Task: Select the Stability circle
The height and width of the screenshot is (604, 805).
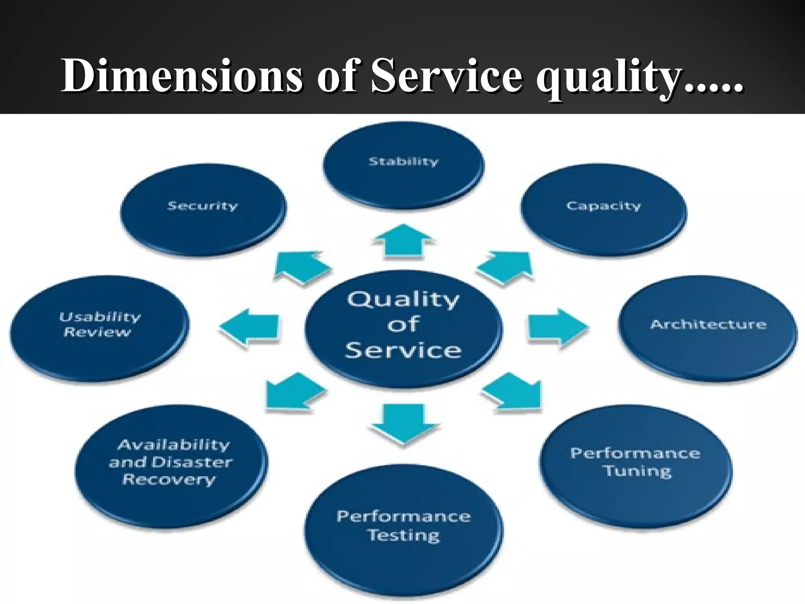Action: coord(403,165)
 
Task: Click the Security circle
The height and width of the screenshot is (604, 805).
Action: coord(203,209)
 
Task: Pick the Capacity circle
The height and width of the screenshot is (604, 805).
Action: coord(604,209)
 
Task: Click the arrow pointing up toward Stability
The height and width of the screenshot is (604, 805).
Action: coord(404,242)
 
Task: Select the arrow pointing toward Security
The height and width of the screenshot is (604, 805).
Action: coord(302,267)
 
